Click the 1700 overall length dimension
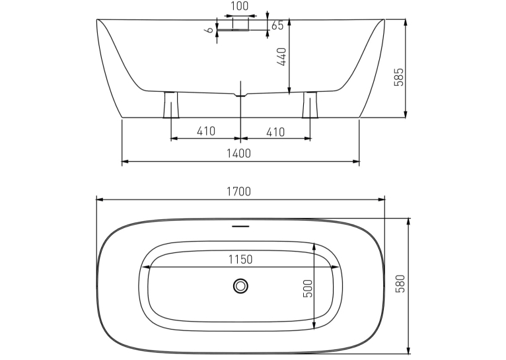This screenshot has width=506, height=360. [239, 192]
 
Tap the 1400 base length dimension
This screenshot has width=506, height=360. [239, 153]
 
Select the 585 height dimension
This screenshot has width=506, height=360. [399, 77]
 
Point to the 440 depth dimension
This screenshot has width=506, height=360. [281, 57]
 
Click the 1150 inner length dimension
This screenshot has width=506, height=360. [240, 260]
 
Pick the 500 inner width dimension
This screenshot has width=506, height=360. [308, 289]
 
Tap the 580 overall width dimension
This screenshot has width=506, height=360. [400, 283]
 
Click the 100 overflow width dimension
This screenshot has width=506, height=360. [240, 6]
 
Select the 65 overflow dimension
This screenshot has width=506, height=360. [277, 25]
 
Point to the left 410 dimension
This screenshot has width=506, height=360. [206, 131]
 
